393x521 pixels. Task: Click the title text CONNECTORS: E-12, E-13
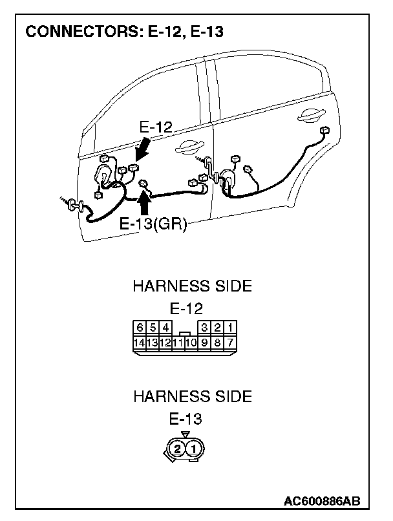[x=123, y=32]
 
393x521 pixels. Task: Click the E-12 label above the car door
[x=156, y=127]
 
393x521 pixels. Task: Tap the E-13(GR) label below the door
[x=153, y=224]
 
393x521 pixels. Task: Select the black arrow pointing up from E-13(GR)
[x=145, y=204]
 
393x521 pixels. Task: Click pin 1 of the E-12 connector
[x=231, y=327]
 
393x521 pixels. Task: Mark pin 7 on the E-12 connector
[x=231, y=342]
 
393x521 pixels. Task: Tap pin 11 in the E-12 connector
[x=179, y=343]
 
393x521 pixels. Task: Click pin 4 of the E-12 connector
[x=166, y=327]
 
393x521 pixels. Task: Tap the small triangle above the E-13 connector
[x=186, y=434]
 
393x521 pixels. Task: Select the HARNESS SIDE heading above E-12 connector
[x=192, y=286]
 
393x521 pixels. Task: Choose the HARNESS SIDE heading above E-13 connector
[x=192, y=396]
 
